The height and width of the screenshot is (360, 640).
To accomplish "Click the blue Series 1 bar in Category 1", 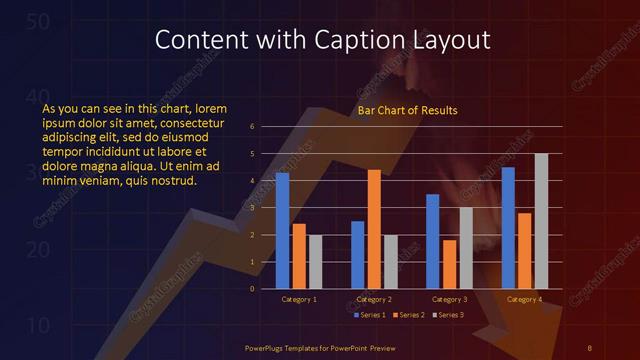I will tap(282, 230).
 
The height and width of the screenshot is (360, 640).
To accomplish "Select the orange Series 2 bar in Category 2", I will tap(374, 229).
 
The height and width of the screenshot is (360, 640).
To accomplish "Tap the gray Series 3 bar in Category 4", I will tap(541, 221).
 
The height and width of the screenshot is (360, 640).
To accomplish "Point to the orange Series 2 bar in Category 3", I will tap(449, 264).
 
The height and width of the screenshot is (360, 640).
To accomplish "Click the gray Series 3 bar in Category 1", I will tap(315, 261).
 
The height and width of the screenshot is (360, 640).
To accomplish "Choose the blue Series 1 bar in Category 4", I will tap(508, 227).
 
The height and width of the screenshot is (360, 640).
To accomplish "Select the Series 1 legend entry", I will tap(371, 315).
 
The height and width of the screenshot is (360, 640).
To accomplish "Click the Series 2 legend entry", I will tap(410, 315).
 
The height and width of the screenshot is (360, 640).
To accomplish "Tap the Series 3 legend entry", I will tap(449, 315).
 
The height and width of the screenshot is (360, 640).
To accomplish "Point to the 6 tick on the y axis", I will tap(253, 127).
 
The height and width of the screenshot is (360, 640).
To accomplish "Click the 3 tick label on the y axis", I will tap(253, 208).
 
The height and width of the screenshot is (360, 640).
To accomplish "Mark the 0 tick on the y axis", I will tap(253, 289).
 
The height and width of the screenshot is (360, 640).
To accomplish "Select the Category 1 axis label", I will tap(299, 299).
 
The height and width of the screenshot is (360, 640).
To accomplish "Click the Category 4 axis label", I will tap(524, 299).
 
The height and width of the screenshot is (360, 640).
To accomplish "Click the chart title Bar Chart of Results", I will tap(408, 110).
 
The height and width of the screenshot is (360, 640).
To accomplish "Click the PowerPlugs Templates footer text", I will tap(318, 347).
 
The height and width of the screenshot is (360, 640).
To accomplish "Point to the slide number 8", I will tap(589, 347).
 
